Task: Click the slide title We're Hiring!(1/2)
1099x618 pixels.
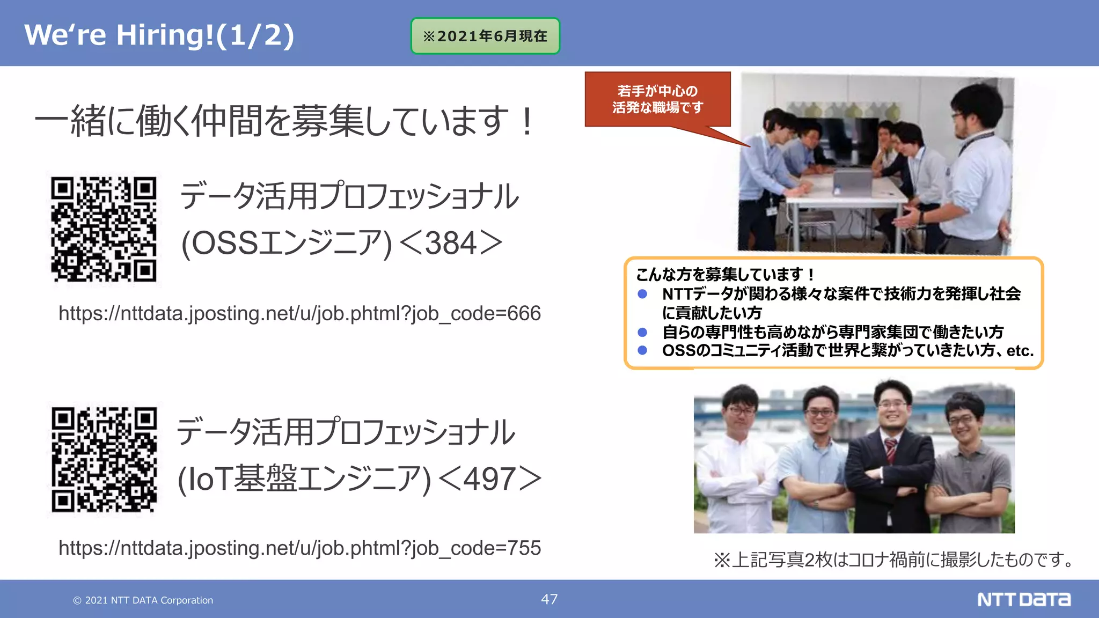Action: (159, 35)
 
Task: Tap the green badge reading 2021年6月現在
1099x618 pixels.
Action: (485, 36)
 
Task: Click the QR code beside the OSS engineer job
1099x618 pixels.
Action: (104, 229)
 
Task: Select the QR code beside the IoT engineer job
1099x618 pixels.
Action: (104, 459)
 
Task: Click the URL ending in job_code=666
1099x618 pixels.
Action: (299, 313)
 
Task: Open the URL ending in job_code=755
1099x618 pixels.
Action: (299, 548)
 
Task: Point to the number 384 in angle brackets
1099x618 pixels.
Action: (451, 243)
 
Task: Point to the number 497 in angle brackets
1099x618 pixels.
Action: (489, 479)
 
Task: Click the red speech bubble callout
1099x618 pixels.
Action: (657, 100)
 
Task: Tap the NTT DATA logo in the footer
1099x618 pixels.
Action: (1023, 599)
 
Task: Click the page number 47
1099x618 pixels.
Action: (549, 599)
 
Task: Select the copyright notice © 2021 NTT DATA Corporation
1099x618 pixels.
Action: (143, 600)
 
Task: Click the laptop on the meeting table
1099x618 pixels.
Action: (853, 181)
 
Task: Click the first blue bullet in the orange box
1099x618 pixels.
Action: (642, 294)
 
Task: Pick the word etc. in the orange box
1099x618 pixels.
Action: (1020, 351)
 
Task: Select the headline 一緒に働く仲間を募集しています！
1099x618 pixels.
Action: (284, 121)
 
